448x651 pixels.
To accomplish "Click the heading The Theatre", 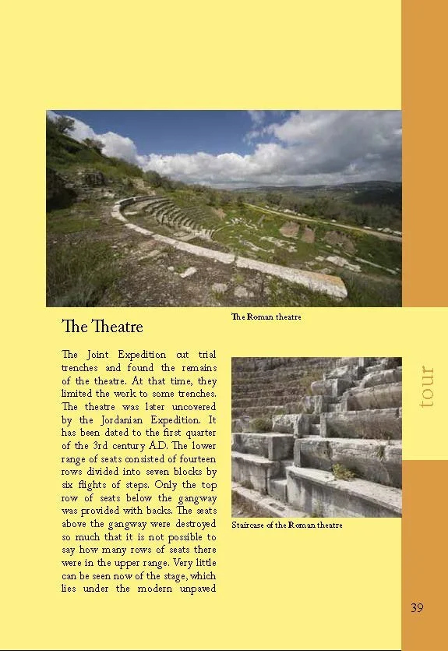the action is point(102,324).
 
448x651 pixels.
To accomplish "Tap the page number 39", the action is point(417,607).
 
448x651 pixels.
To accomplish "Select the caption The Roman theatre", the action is point(266,317).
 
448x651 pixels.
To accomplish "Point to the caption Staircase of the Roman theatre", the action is point(287,525).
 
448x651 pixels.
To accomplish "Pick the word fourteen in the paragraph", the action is point(193,459).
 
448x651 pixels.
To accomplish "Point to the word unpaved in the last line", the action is point(195,588).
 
